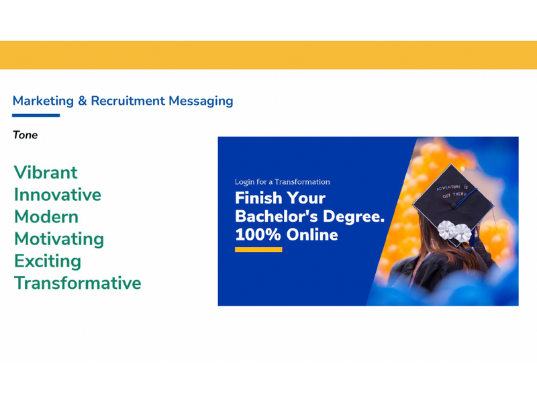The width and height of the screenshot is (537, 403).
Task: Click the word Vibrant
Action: (46, 173)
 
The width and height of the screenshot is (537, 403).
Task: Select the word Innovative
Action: (58, 195)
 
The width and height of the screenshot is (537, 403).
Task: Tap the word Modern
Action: (46, 217)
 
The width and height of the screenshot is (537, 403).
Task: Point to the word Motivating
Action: (59, 239)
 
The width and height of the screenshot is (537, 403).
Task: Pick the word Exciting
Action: (48, 261)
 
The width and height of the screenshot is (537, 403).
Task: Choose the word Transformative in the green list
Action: (77, 283)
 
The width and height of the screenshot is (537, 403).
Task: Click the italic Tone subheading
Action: (25, 135)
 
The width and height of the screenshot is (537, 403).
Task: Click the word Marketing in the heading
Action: (43, 101)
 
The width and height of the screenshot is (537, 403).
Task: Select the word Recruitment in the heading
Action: (128, 101)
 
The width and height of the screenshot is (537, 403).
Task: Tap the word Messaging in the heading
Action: (201, 101)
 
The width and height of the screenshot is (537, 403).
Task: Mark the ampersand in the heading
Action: (82, 101)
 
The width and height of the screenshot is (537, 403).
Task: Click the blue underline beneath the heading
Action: (36, 116)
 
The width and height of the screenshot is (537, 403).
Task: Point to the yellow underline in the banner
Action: (258, 250)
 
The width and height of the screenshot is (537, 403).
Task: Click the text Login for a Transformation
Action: (282, 181)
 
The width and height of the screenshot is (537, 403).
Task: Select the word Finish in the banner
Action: (258, 198)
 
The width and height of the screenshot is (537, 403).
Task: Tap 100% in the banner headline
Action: (258, 234)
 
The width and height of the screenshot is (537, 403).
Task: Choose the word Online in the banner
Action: (312, 234)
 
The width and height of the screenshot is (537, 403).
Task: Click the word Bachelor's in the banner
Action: (277, 216)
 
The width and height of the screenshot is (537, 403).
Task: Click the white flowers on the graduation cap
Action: (454, 230)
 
